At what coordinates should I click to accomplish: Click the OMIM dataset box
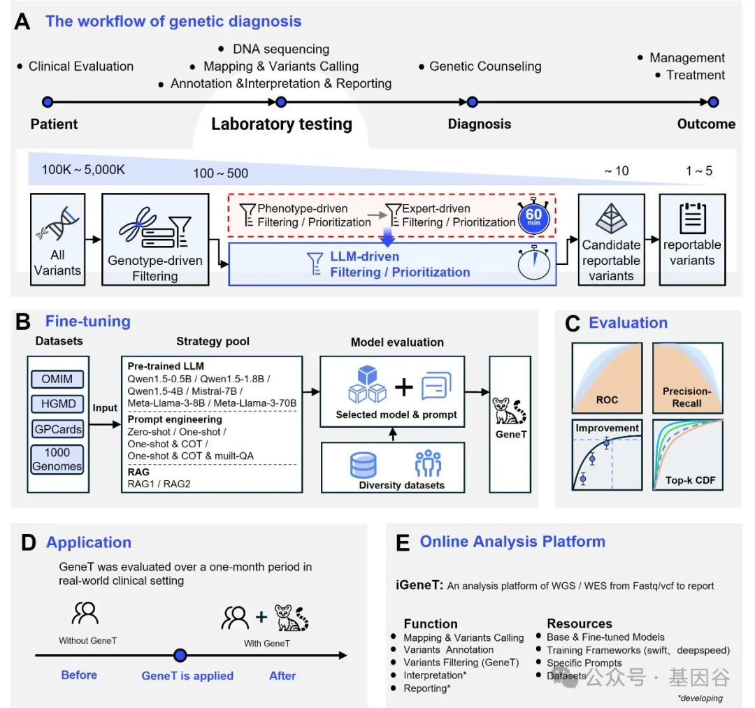(57, 380)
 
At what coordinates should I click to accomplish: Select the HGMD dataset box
(57, 403)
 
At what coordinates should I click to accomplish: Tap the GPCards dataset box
(57, 428)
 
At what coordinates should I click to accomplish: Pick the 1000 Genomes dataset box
(57, 460)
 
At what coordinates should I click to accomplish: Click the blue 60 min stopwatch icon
(533, 216)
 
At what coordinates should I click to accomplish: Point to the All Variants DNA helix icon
(58, 224)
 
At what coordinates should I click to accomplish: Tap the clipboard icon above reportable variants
(692, 218)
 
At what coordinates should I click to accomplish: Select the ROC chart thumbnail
(607, 378)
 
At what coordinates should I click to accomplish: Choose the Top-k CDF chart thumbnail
(688, 454)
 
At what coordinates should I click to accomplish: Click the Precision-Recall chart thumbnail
(688, 378)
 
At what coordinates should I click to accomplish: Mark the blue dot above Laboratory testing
(281, 102)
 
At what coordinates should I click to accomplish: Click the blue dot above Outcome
(713, 102)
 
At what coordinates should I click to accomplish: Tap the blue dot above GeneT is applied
(180, 655)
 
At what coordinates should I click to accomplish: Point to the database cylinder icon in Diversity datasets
(363, 465)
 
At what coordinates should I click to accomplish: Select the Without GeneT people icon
(85, 613)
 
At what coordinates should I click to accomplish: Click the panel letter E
(403, 543)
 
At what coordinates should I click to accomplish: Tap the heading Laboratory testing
(282, 124)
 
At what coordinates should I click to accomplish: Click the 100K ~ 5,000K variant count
(83, 170)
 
